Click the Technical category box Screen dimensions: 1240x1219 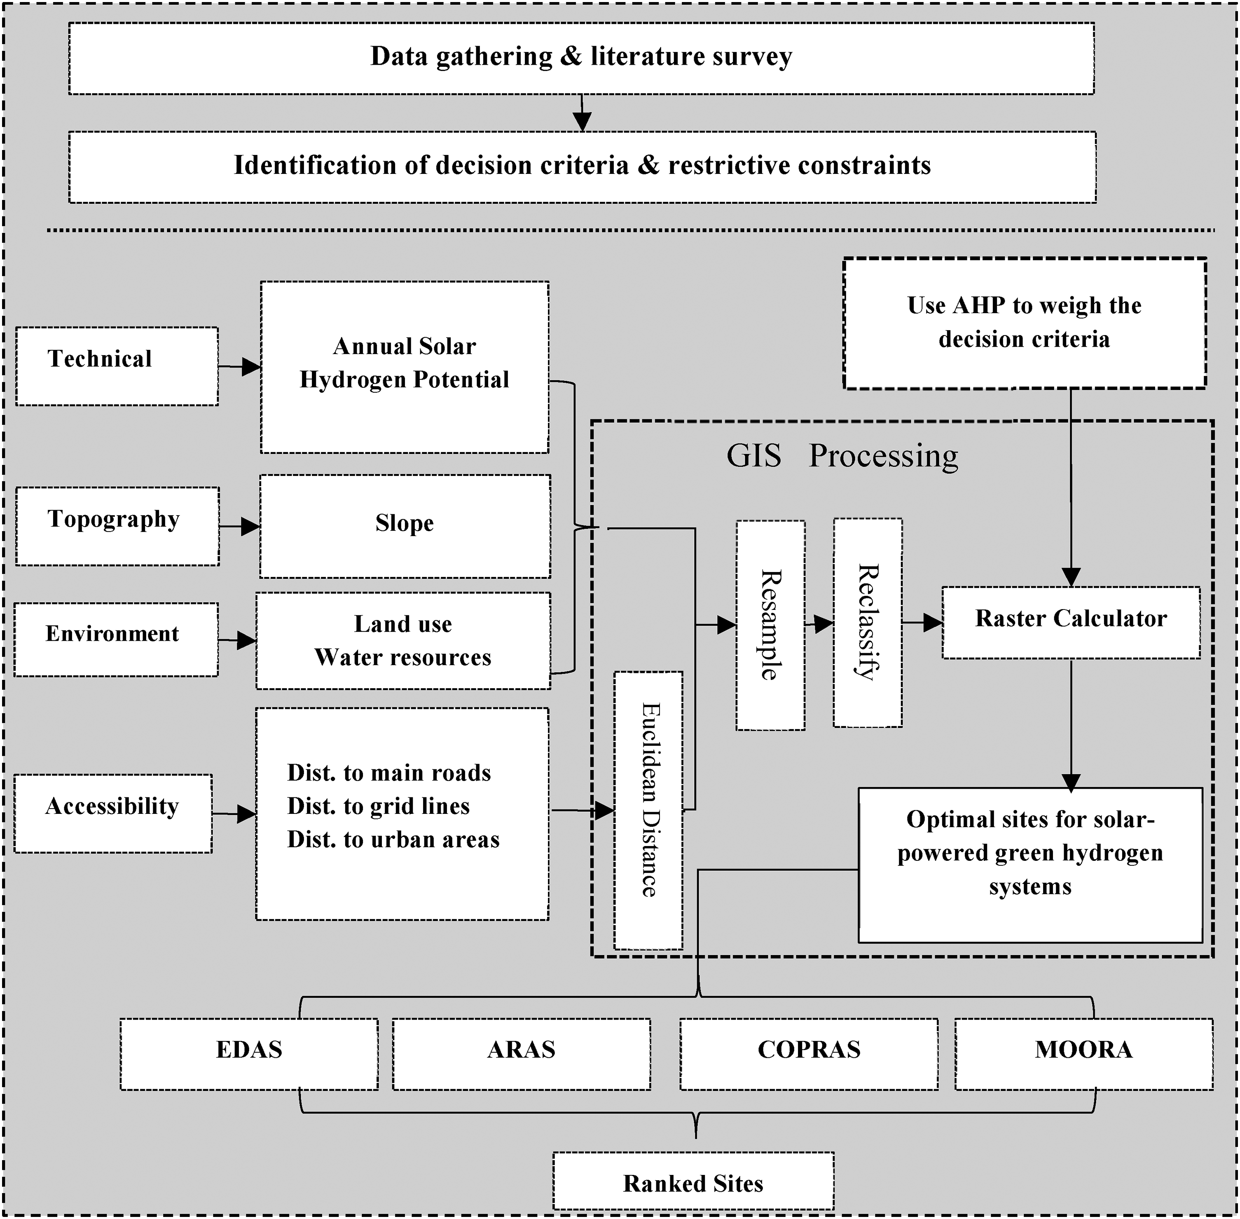coord(117,366)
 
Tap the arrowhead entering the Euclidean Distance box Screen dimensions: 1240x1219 coord(605,811)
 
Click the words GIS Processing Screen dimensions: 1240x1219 coord(842,456)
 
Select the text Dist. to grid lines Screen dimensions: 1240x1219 coord(378,806)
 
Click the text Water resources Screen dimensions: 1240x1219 coord(402,658)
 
